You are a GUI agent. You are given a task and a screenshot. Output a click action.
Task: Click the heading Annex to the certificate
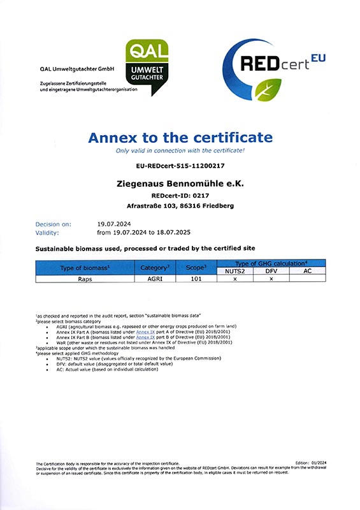click(180, 138)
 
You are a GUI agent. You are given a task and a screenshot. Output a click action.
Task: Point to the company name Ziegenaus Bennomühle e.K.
click(181, 183)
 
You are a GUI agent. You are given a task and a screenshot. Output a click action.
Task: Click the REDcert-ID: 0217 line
click(180, 194)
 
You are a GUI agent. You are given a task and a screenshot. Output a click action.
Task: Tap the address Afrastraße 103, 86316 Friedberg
click(181, 206)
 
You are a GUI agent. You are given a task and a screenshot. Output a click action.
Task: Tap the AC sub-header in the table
click(307, 271)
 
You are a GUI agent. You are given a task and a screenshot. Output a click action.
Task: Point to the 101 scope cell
click(196, 279)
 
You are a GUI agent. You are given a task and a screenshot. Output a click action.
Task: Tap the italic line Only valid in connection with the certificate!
click(180, 150)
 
